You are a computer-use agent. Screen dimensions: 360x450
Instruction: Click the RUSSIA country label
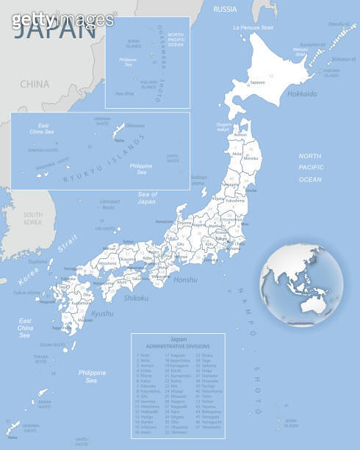pos(225,9)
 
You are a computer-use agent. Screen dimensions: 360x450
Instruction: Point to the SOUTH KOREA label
pos(32,218)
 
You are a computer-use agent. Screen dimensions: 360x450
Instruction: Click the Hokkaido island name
pos(302,94)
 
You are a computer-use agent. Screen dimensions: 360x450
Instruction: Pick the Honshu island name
pos(186,279)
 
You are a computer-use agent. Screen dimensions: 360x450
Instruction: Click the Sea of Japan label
pos(148,197)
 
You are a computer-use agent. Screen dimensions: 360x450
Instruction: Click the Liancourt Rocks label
pos(109,204)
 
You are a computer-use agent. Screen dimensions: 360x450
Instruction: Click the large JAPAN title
pos(55,30)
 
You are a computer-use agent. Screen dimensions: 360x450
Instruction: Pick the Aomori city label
pos(240,135)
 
